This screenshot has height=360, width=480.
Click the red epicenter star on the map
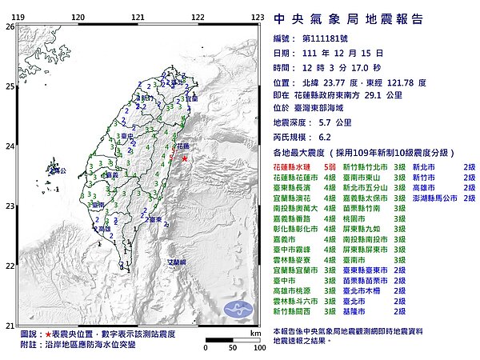click(186, 159)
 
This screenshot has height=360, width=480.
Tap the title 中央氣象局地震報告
click(348, 19)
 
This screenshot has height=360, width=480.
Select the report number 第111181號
click(329, 38)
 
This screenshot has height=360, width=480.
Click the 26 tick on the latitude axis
click(10, 26)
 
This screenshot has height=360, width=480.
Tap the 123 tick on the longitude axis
click(257, 17)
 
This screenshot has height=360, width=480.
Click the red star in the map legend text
click(49, 334)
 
